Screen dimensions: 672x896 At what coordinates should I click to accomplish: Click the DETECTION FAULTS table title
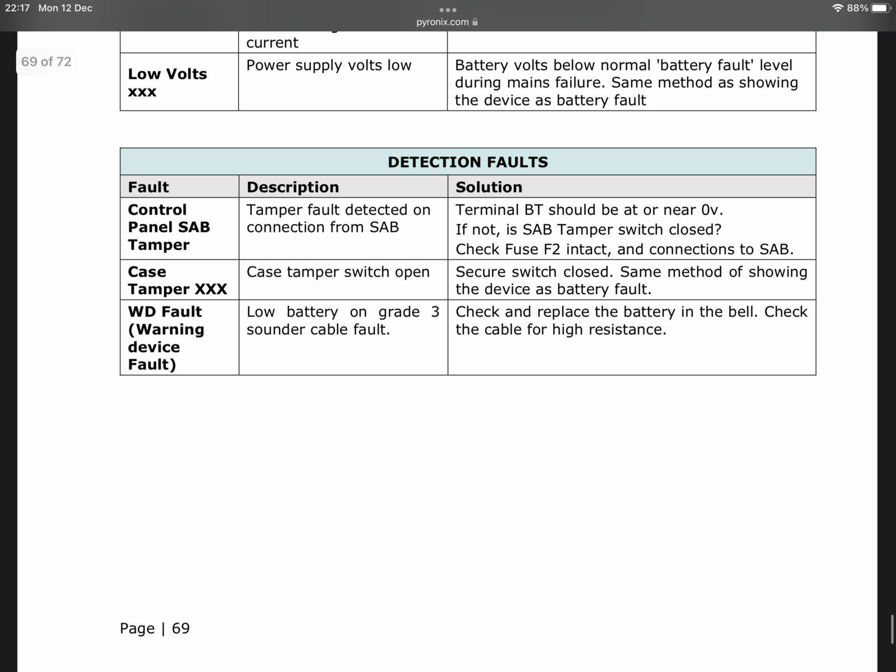[x=468, y=162]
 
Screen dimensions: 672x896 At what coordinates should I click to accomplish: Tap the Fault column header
[x=148, y=187]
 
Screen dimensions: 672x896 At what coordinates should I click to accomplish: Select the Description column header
[x=293, y=187]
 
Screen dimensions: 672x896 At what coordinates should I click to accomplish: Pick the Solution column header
[x=489, y=187]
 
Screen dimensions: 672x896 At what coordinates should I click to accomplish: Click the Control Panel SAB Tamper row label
[x=169, y=227]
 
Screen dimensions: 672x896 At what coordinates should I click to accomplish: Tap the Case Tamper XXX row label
[x=177, y=281]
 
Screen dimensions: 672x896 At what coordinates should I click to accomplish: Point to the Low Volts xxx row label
[x=167, y=82]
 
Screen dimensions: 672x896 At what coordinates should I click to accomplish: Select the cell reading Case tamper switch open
[x=338, y=272]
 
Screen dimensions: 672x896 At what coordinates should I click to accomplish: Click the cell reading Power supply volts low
[x=329, y=66]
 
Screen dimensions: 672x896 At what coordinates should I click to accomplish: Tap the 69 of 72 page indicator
[x=46, y=62]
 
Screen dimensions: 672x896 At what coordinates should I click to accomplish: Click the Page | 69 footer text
[x=155, y=628]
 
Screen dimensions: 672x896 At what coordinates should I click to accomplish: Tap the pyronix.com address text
[x=442, y=22]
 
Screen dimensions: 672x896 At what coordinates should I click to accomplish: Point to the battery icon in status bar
[x=880, y=8]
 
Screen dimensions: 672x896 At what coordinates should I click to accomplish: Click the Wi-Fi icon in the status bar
[x=838, y=8]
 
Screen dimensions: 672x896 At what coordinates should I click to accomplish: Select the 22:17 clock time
[x=17, y=8]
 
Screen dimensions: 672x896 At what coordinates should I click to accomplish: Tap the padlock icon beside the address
[x=475, y=22]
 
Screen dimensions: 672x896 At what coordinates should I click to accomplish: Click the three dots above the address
[x=448, y=10]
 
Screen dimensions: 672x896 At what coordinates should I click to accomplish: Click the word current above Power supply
[x=272, y=43]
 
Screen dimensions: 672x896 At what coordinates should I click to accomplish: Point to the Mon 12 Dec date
[x=66, y=8]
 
